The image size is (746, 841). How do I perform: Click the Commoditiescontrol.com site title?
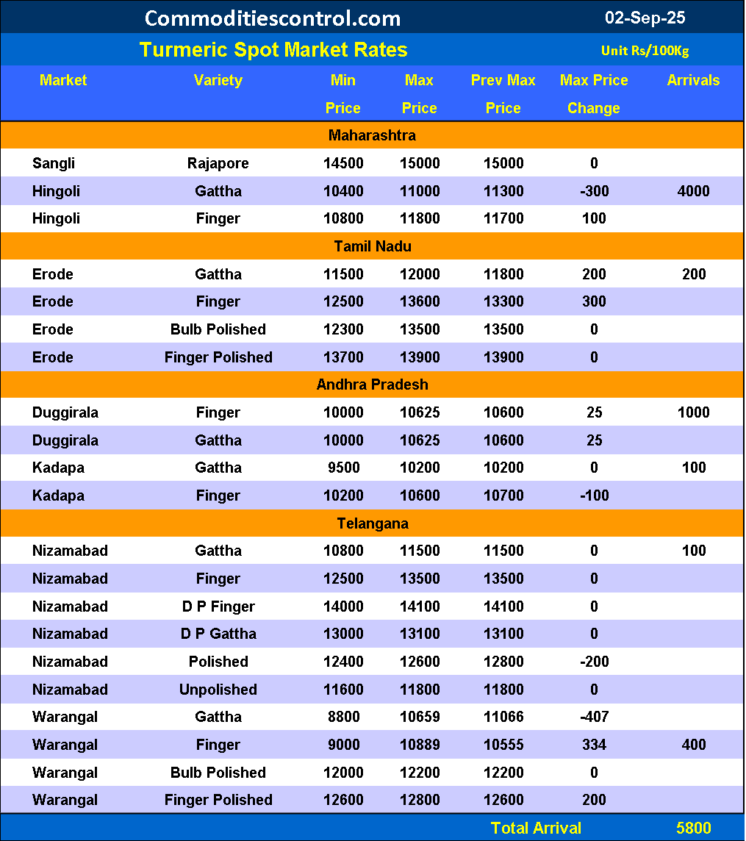pyautogui.click(x=273, y=18)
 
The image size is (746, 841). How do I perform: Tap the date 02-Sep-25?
pyautogui.click(x=645, y=18)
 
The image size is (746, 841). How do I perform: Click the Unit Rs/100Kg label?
pyautogui.click(x=645, y=51)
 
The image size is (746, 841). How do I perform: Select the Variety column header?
pyautogui.click(x=218, y=80)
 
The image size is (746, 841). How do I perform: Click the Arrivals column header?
pyautogui.click(x=693, y=80)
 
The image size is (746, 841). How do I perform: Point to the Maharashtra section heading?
pyautogui.click(x=372, y=135)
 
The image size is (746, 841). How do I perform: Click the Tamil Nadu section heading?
pyautogui.click(x=372, y=246)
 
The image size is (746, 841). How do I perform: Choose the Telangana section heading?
pyautogui.click(x=372, y=523)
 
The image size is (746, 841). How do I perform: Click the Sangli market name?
pyautogui.click(x=54, y=163)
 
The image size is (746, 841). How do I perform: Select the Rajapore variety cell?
pyautogui.click(x=218, y=163)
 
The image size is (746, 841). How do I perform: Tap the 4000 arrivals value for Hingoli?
pyautogui.click(x=693, y=191)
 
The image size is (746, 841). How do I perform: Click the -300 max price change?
pyautogui.click(x=594, y=191)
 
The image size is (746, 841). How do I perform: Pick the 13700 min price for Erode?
pyautogui.click(x=343, y=357)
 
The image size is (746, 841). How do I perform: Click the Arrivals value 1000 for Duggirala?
pyautogui.click(x=693, y=412)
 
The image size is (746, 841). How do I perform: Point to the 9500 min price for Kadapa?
pyautogui.click(x=343, y=468)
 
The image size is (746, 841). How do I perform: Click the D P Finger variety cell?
pyautogui.click(x=218, y=606)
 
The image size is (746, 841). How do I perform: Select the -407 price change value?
pyautogui.click(x=594, y=717)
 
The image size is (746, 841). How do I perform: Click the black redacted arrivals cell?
pyautogui.click(x=693, y=717)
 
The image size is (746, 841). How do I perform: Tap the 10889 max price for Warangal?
pyautogui.click(x=419, y=745)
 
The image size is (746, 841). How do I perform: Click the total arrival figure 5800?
pyautogui.click(x=693, y=828)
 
